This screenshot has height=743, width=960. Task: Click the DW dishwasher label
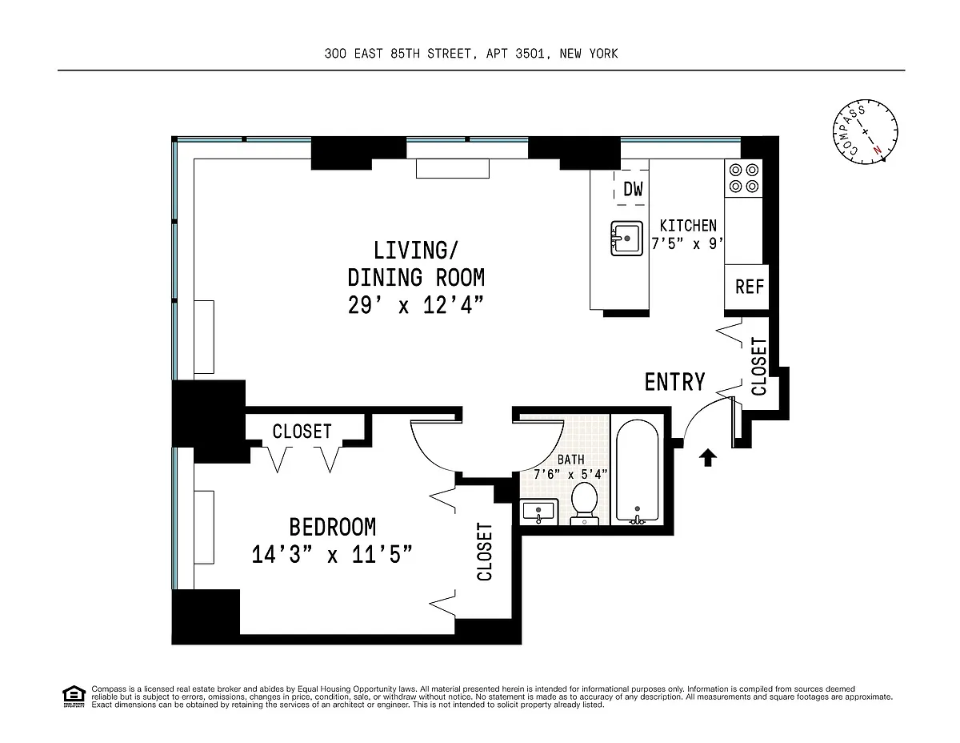point(633,189)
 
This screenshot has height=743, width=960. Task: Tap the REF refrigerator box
point(746,287)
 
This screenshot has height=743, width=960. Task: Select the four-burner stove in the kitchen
point(743,178)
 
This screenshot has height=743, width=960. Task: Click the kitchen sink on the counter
point(626,239)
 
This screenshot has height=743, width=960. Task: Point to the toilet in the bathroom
point(584,504)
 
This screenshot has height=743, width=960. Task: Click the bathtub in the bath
point(637,471)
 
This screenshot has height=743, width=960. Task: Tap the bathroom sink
point(538,512)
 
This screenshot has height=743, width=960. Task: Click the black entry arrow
point(707,457)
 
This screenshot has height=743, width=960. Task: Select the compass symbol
point(865,132)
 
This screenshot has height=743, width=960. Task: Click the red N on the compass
point(878,150)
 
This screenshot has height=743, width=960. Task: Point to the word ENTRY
point(674,382)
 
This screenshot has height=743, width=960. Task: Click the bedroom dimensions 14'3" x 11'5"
point(332,554)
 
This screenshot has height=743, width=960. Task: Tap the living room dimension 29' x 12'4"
point(416,305)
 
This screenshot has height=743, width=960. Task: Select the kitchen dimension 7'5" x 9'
point(687,243)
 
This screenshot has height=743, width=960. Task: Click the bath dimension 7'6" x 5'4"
point(570,474)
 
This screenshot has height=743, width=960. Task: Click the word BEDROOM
point(332,527)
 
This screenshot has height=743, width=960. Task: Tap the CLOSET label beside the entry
point(758,367)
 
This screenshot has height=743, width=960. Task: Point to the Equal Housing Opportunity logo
point(74,696)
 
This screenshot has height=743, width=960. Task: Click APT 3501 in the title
point(515,54)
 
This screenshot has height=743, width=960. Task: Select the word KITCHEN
point(688,226)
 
